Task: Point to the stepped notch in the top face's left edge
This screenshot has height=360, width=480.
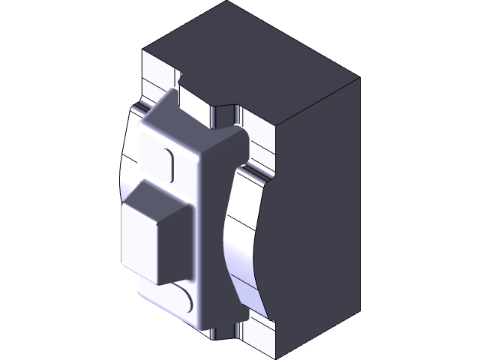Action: (x=181, y=74)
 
